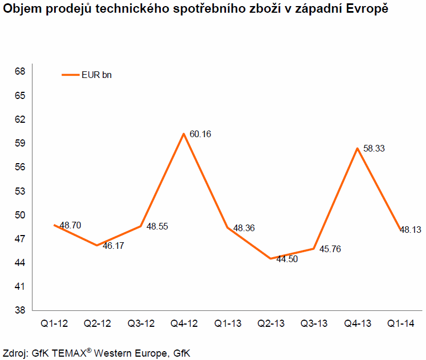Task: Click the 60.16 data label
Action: coord(201,134)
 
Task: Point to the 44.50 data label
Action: coord(287,259)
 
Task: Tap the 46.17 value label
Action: coord(113,245)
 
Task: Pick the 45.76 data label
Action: coord(330,249)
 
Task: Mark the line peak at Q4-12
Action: coord(183,133)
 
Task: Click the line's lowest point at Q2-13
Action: coord(270,258)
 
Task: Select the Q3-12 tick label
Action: coord(140,324)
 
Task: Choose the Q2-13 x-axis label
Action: coord(270,324)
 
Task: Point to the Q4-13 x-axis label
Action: coord(356,324)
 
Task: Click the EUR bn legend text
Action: coord(97,75)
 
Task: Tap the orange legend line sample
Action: coord(70,75)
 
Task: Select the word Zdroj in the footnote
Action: coord(14,352)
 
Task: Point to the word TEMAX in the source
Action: coord(69,352)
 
